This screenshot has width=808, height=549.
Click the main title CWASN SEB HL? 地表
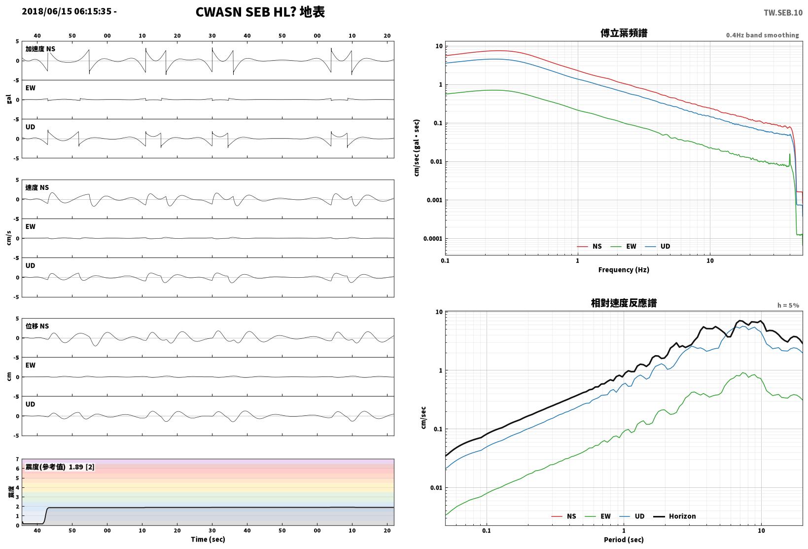click(x=260, y=12)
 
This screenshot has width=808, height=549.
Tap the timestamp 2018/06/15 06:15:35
click(x=67, y=11)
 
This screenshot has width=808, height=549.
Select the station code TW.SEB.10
click(x=783, y=13)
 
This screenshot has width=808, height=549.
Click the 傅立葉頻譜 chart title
click(x=624, y=33)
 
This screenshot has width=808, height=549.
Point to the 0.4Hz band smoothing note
click(x=763, y=35)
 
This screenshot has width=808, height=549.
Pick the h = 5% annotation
click(x=788, y=305)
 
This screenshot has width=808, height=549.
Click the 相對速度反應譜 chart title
click(x=624, y=303)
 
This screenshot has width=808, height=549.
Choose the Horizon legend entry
click(x=674, y=516)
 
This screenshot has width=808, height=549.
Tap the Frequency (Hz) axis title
click(x=624, y=270)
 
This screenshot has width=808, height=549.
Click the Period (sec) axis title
click(x=624, y=540)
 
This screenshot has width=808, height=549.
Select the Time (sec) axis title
click(x=208, y=539)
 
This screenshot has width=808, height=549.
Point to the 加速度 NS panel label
click(x=40, y=49)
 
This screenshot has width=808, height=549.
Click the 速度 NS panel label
click(x=37, y=187)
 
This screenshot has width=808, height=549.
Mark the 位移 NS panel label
click(x=37, y=326)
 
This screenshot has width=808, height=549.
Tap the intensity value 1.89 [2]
click(x=81, y=467)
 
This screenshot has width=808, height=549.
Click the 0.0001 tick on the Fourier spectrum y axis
click(x=432, y=239)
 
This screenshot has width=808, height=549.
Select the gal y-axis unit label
click(x=9, y=99)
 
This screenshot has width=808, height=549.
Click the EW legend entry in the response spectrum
click(x=597, y=516)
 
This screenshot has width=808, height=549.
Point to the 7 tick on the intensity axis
click(x=17, y=459)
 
